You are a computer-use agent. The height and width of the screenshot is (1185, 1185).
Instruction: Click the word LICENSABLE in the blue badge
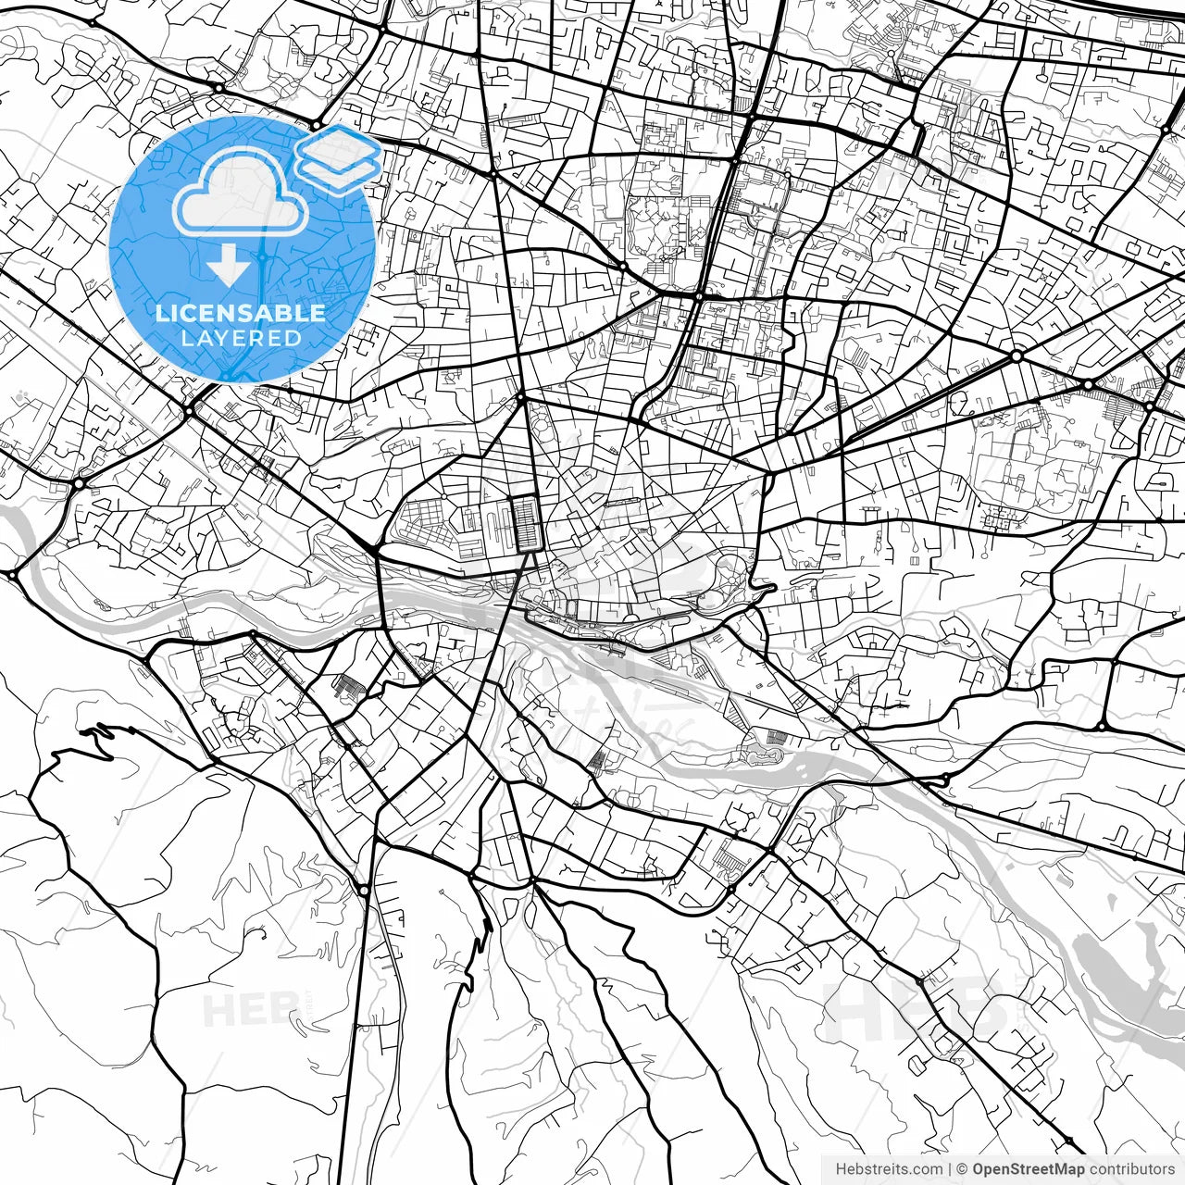(x=241, y=313)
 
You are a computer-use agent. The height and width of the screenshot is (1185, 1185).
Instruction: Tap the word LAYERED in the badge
(x=241, y=338)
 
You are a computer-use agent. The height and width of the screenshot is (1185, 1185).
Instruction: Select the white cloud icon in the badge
(x=241, y=193)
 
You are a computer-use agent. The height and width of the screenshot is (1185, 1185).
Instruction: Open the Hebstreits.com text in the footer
(x=889, y=1169)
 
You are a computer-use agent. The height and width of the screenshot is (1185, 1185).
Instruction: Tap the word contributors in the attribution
(x=1131, y=1169)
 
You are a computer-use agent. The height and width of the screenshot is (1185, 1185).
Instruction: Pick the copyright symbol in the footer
(x=962, y=1169)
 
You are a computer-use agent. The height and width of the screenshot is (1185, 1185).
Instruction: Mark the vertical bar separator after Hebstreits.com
(x=950, y=1169)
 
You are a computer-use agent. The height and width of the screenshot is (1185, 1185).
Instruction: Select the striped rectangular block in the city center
(x=526, y=523)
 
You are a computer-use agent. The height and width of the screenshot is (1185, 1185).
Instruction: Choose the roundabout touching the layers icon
(x=316, y=125)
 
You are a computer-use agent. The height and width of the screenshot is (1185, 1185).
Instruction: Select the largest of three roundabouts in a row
(x=1017, y=355)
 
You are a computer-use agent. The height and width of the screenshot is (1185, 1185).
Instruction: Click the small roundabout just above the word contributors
(x=1069, y=1141)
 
